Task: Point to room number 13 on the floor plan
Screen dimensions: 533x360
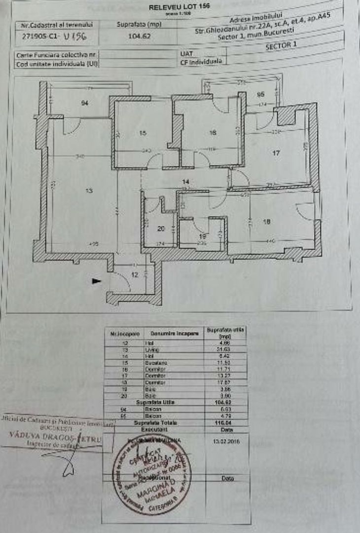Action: point(89,191)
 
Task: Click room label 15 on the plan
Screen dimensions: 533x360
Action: point(143,132)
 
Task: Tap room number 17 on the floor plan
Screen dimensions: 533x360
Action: point(276,153)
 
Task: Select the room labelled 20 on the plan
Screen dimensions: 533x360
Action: point(160,228)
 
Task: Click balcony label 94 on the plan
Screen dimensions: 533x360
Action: point(85,103)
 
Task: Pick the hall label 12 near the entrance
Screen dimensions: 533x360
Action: point(135,275)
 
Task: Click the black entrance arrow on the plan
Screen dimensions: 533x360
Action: point(97,281)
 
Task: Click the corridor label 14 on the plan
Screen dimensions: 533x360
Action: point(185,182)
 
